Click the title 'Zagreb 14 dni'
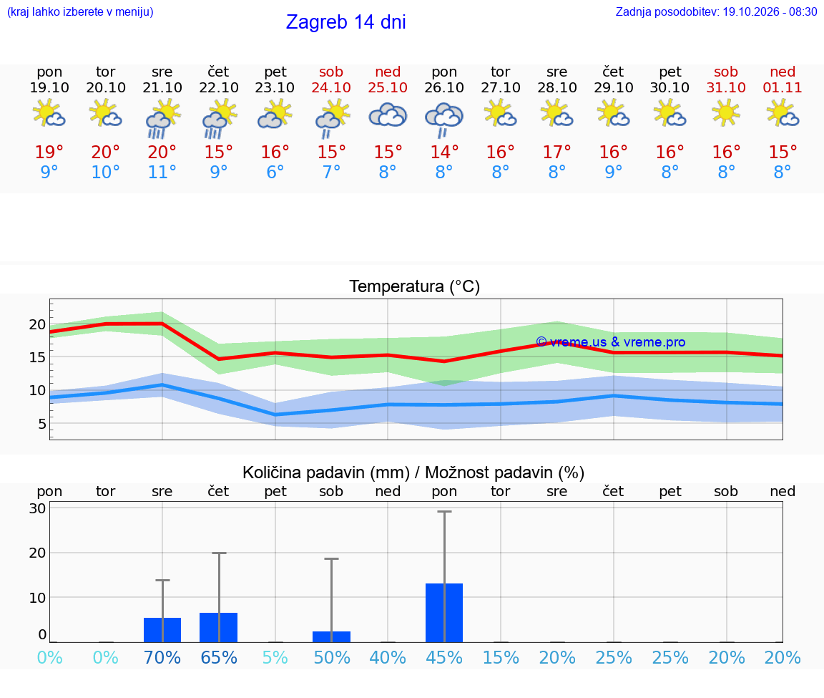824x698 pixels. tap(345, 22)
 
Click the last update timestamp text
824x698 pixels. tap(716, 11)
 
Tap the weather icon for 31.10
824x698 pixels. tap(726, 113)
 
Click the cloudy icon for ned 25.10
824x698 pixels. tap(388, 115)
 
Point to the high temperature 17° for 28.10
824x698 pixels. tap(556, 152)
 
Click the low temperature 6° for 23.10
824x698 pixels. tap(275, 172)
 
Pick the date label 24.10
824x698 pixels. tap(331, 87)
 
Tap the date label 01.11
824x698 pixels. tap(783, 87)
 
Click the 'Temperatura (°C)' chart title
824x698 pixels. tap(415, 286)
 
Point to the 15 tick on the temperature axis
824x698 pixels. tap(37, 357)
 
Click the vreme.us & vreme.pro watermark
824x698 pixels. tap(611, 342)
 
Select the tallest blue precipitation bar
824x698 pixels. tap(444, 613)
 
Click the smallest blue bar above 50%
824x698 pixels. tap(332, 636)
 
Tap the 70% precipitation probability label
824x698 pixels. tap(162, 657)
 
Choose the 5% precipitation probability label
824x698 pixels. tap(275, 657)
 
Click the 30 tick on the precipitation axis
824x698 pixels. tap(37, 508)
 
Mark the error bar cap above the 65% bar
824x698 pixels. tap(219, 553)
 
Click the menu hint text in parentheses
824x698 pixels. tap(80, 11)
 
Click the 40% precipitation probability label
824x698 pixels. tap(388, 657)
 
